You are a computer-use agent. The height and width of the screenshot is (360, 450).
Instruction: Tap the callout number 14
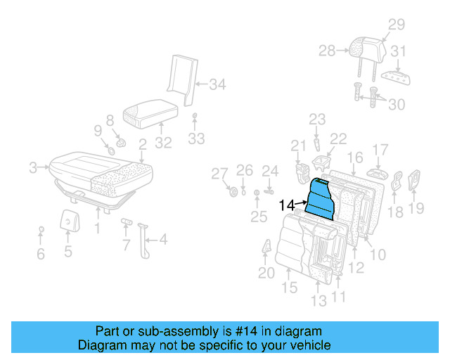[x=287, y=205]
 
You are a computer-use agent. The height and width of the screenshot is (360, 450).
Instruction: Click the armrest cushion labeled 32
[x=150, y=112]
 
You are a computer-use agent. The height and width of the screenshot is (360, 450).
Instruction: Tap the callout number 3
[x=33, y=167]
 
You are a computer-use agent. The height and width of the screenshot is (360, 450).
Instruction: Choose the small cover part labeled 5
[x=68, y=219]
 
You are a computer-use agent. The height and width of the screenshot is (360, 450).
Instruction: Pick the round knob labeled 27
[x=233, y=192]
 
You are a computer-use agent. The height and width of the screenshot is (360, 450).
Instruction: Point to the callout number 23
[x=317, y=119]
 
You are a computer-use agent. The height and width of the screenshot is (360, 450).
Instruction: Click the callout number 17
[x=380, y=149]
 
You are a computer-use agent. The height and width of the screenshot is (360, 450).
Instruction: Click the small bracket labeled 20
[x=268, y=248]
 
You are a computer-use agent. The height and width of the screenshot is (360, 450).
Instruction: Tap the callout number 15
[x=290, y=287]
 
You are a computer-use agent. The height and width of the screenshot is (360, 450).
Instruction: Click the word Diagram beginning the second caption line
[x=102, y=345]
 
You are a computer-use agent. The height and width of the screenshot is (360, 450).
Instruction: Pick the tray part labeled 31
[x=394, y=76]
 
